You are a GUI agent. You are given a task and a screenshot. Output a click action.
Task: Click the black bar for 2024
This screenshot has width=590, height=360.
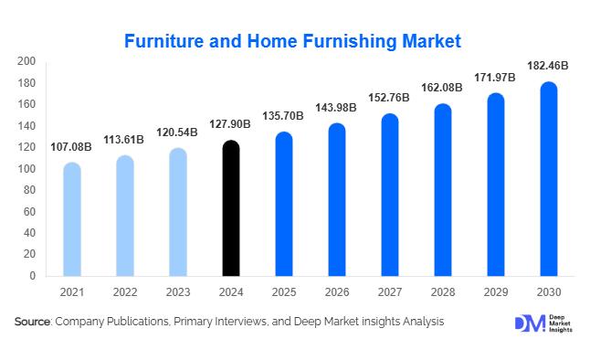click(231, 208)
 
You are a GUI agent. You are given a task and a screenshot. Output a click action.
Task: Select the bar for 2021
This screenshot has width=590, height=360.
click(71, 219)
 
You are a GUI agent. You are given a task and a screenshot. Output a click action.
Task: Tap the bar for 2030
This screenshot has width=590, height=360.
click(548, 179)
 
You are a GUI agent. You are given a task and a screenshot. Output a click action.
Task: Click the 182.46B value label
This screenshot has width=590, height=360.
click(548, 66)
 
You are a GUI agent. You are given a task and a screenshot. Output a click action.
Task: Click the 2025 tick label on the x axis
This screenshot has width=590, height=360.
click(284, 293)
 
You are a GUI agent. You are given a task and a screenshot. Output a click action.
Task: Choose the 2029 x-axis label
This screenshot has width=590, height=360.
click(495, 293)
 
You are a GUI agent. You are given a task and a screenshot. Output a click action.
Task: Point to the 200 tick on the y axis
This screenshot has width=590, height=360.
click(26, 61)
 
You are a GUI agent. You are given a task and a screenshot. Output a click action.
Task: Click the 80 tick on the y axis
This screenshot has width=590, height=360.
click(29, 190)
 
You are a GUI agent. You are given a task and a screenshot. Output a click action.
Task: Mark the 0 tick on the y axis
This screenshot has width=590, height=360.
click(33, 276)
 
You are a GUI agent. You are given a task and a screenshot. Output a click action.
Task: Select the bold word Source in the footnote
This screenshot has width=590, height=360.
click(33, 322)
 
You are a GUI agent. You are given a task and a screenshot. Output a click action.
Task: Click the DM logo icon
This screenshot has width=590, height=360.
click(528, 323)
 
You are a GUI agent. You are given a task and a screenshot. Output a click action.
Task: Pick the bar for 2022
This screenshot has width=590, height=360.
click(125, 216)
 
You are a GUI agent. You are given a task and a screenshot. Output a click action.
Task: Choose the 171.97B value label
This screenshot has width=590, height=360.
click(495, 77)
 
